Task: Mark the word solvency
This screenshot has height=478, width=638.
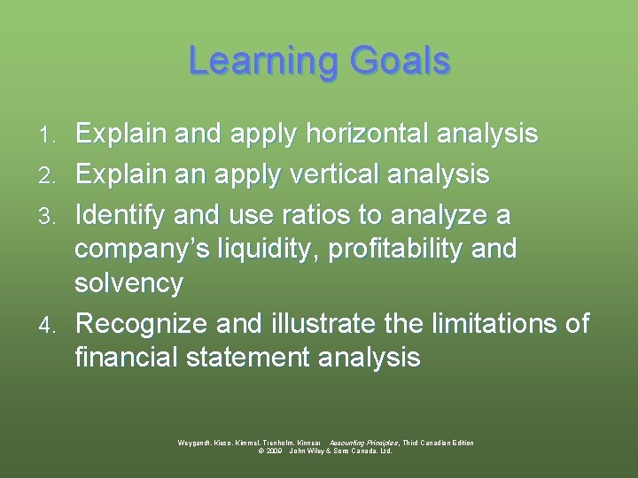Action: click(x=128, y=284)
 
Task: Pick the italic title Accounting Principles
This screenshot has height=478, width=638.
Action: click(x=362, y=443)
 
